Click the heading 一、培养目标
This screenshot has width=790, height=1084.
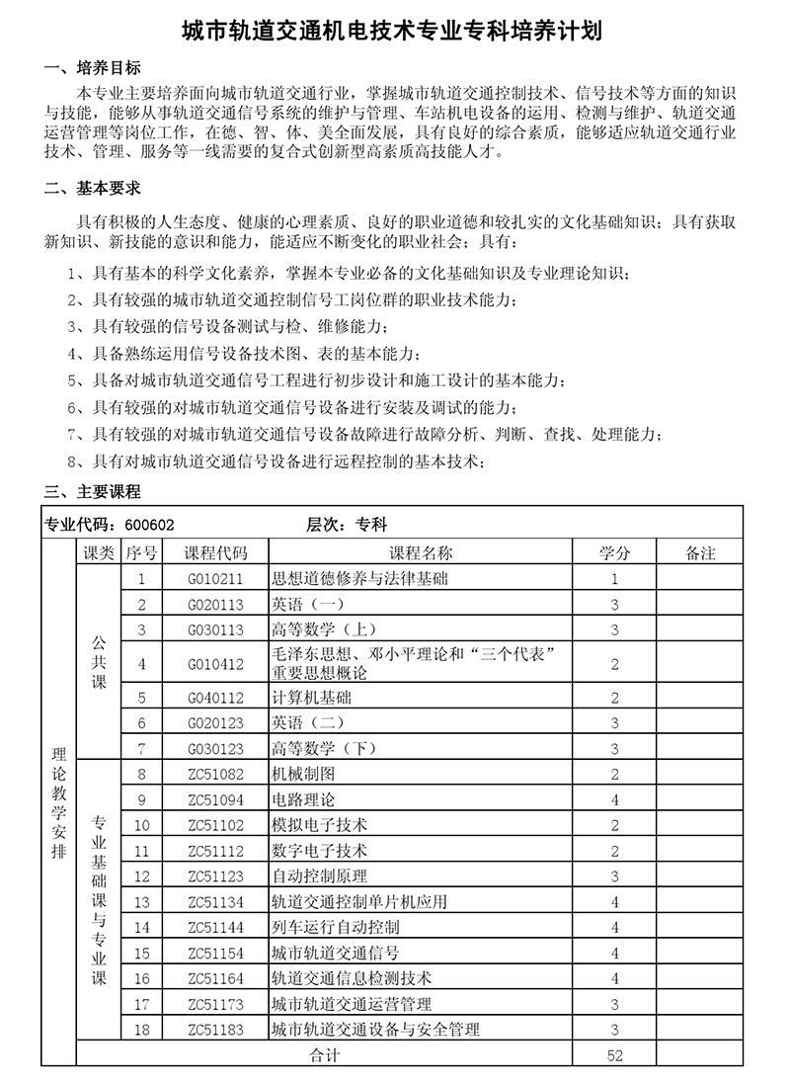point(94,69)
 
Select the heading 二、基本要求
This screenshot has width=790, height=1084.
point(94,188)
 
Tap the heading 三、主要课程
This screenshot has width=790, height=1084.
point(94,491)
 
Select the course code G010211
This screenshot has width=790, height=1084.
point(214,579)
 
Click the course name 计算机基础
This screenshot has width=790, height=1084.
point(311,698)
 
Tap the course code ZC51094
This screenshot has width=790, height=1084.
point(214,799)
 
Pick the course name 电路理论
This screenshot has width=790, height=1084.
point(303,799)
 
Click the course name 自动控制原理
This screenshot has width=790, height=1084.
point(319,876)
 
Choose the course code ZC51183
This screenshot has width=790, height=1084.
point(214,1030)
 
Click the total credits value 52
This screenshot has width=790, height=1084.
point(614,1055)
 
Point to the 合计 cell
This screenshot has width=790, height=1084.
point(324,1055)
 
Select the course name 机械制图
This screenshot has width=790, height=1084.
point(303,775)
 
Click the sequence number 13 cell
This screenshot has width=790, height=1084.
point(142,902)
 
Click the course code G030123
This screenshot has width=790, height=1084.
point(214,749)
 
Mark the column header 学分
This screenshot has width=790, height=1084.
point(614,553)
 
